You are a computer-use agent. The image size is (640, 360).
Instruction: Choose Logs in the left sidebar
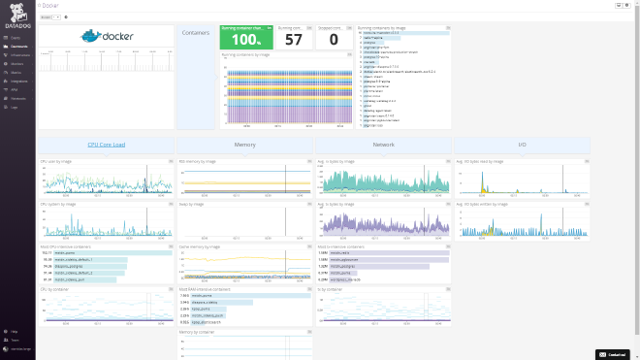(x=15, y=108)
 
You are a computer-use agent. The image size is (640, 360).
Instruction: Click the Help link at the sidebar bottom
(x=15, y=332)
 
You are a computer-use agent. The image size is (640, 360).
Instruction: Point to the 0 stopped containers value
(x=334, y=40)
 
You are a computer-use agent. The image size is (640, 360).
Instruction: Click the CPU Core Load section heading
(x=106, y=145)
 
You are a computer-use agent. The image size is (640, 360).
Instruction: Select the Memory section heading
(x=244, y=145)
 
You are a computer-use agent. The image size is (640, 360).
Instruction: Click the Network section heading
(x=383, y=145)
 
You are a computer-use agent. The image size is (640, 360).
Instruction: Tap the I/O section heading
(x=522, y=145)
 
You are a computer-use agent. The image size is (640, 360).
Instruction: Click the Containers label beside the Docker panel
(x=196, y=32)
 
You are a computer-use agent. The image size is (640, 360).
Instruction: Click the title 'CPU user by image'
(x=56, y=161)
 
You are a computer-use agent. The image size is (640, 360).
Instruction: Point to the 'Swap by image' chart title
(x=192, y=204)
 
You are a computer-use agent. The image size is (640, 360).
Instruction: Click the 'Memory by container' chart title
(x=197, y=332)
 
